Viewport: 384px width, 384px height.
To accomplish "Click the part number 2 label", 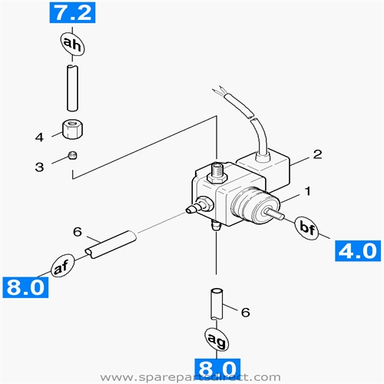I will (315, 154).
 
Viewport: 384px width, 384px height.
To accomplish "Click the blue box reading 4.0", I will (356, 252).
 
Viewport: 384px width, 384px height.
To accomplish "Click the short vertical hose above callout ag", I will (216, 303).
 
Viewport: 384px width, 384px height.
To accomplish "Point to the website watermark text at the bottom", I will (192, 377).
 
